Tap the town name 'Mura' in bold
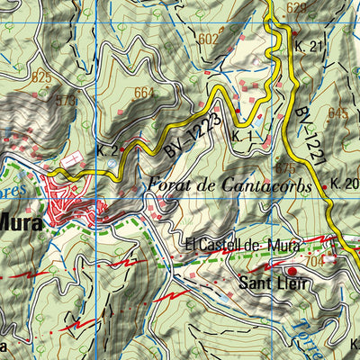20,222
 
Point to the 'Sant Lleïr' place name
274,284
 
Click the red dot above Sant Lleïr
291,269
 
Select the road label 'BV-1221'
308,138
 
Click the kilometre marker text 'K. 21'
308,46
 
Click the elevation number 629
297,8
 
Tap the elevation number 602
208,39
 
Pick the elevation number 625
41,78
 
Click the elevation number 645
337,112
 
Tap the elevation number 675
285,167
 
